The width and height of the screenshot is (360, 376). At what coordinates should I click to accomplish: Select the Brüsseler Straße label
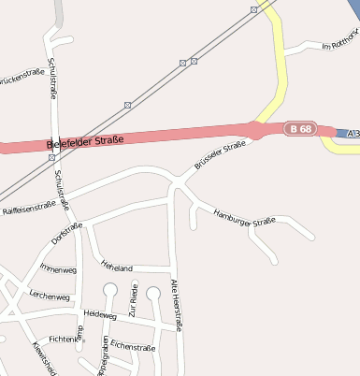221,155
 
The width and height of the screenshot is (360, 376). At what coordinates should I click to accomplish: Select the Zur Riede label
134,299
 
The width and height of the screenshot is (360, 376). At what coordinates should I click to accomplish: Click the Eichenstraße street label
133,346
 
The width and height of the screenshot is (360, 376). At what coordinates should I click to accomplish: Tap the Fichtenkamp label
66,338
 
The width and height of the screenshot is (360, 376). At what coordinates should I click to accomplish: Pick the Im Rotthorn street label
339,45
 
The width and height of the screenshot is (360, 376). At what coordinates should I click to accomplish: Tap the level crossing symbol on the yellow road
254,9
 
